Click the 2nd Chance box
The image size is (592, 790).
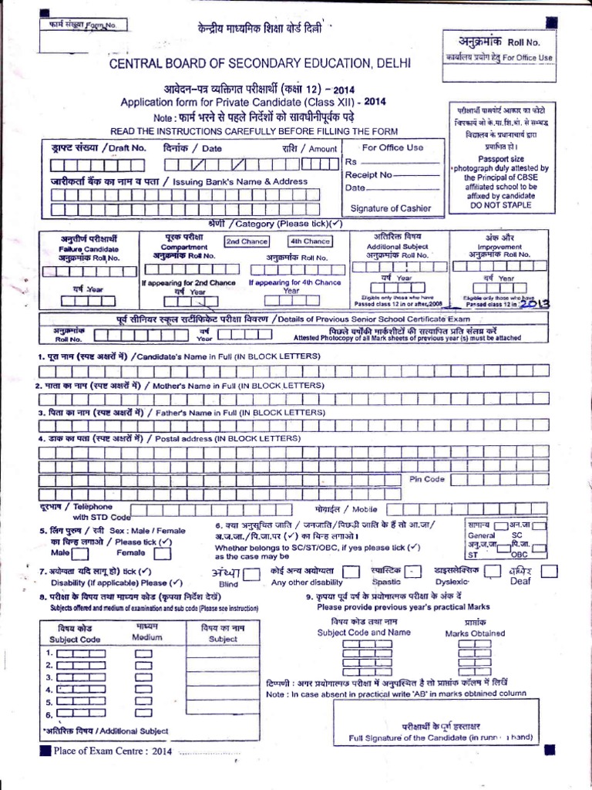pos(247,241)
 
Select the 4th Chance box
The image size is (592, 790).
pos(310,241)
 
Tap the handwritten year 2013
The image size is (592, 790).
pos(534,304)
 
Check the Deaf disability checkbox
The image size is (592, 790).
pos(550,571)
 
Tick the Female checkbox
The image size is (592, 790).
pos(163,553)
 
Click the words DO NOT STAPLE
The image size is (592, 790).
pos(501,206)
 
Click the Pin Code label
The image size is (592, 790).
pos(427,479)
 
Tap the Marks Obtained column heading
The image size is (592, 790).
pos(476,633)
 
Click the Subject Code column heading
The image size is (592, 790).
pos(75,639)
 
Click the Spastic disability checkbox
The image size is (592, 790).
pos(415,571)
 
